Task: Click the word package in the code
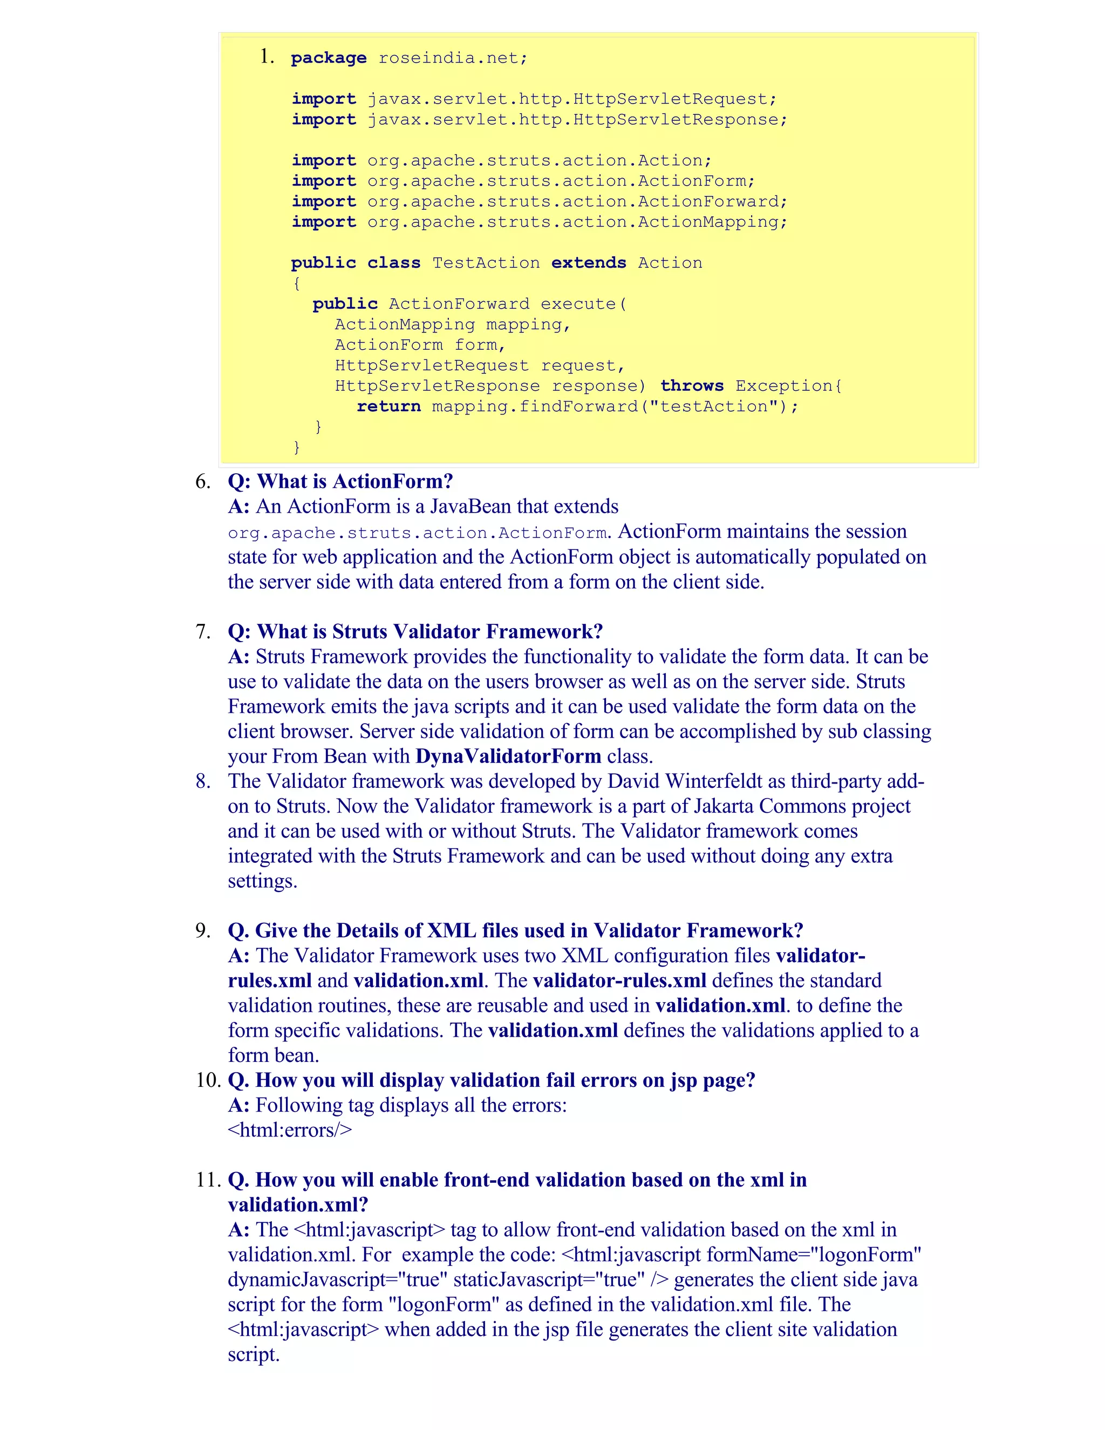(x=329, y=58)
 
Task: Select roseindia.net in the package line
(x=452, y=58)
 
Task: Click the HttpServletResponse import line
(x=540, y=120)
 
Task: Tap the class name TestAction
(x=486, y=263)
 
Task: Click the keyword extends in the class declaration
(x=589, y=263)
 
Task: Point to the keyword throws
(x=691, y=386)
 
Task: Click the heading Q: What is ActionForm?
(x=340, y=481)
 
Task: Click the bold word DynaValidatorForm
(x=508, y=756)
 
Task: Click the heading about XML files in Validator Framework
(x=515, y=930)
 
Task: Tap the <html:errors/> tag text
(x=289, y=1130)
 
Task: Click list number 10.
(x=208, y=1080)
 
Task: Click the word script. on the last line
(x=254, y=1354)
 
